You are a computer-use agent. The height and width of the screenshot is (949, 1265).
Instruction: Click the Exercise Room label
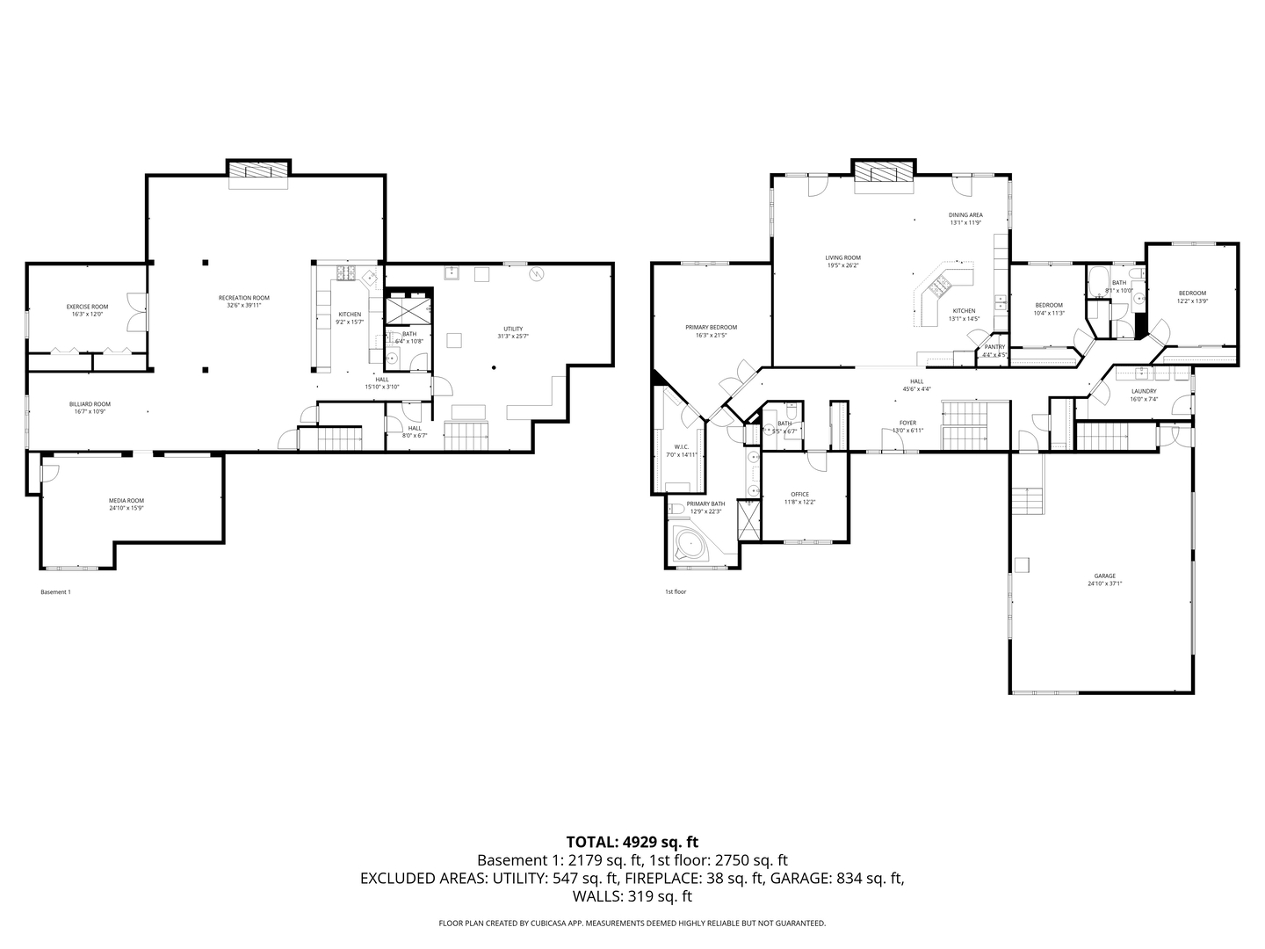[x=88, y=307]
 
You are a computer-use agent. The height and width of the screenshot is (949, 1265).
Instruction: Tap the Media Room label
[x=126, y=501]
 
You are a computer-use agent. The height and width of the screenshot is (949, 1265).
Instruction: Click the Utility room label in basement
[x=513, y=329]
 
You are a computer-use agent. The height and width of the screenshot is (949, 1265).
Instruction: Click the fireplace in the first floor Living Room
[x=884, y=172]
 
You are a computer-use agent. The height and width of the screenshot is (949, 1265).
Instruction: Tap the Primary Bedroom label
[x=712, y=327]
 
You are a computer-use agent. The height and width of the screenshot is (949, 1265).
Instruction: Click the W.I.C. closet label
[x=681, y=446]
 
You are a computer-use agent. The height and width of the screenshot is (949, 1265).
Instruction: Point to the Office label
[x=799, y=494]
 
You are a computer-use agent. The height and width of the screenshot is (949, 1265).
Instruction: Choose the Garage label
[x=1104, y=576]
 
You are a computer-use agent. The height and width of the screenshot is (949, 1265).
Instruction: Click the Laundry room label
[x=1144, y=391]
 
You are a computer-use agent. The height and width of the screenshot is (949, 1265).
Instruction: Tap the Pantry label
[x=994, y=347]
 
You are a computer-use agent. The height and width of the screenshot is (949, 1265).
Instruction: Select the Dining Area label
[x=965, y=214]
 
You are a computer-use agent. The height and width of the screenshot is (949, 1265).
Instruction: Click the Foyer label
[x=907, y=423]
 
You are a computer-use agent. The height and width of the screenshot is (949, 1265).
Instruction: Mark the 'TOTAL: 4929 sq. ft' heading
[x=632, y=842]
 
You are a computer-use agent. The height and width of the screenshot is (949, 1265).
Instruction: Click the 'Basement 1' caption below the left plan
[x=55, y=592]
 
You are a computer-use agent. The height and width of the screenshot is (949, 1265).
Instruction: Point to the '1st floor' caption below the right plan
[x=676, y=592]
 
